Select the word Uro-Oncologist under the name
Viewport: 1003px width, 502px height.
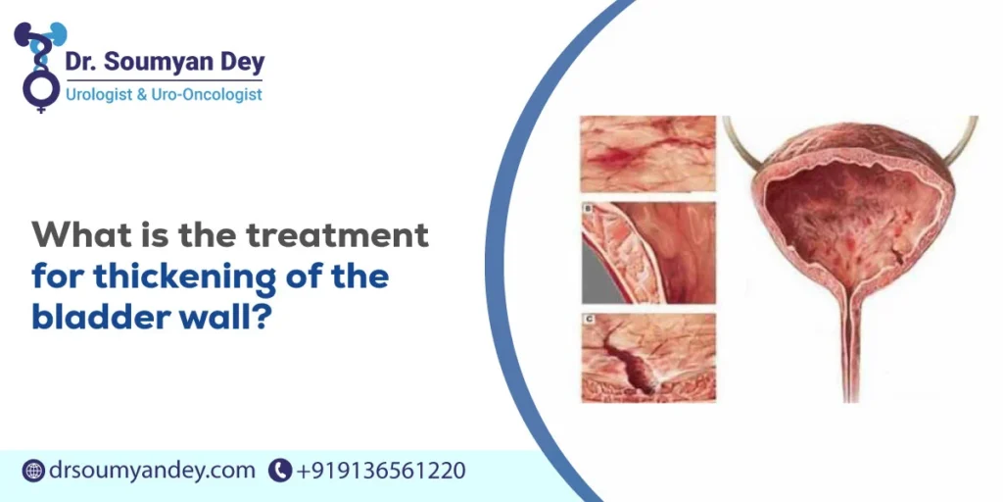(214, 95)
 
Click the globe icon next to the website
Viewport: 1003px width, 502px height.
(32, 471)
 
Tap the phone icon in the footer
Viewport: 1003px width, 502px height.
(280, 471)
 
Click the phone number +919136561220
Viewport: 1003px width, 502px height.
(381, 471)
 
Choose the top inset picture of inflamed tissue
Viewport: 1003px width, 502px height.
(647, 153)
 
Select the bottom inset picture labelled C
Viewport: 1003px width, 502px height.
(647, 359)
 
